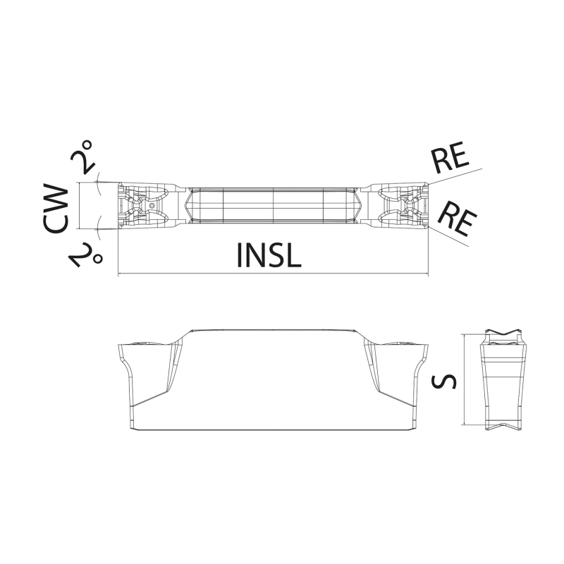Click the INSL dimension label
tap(269, 255)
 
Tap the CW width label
tap(56, 207)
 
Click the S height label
tap(443, 381)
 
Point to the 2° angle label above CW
tap(82, 157)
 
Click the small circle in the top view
tap(152, 206)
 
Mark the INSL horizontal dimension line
tap(274, 274)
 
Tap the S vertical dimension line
tap(465, 379)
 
